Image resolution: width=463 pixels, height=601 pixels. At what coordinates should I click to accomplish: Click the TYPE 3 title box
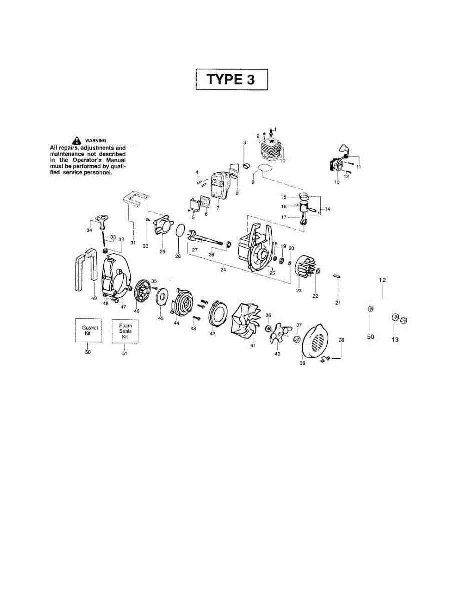tap(231, 80)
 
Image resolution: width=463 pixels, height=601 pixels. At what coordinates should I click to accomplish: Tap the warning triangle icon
tap(76, 141)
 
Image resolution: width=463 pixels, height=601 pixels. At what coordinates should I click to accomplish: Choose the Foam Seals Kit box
tap(125, 331)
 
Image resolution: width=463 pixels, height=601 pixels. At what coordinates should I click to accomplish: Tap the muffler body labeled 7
tap(220, 187)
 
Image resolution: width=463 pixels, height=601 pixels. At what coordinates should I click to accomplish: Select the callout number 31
tap(133, 242)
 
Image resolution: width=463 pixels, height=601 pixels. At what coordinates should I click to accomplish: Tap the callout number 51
tap(125, 353)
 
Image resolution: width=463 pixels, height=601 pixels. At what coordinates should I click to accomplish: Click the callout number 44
tap(176, 323)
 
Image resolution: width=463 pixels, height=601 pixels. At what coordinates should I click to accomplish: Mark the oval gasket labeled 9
tap(267, 168)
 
